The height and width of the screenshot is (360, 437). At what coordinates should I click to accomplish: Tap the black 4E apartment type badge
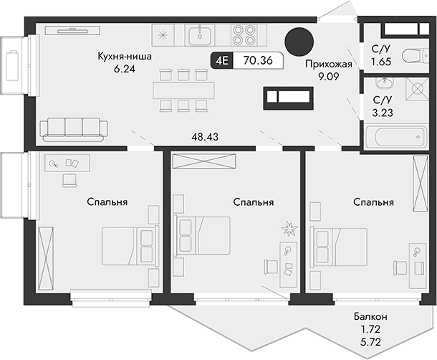click(x=221, y=61)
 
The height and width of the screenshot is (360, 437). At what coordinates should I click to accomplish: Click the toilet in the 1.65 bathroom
click(x=410, y=56)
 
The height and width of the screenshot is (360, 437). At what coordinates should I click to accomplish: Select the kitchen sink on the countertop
click(x=200, y=34)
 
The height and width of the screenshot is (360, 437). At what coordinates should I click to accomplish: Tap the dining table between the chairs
click(x=183, y=89)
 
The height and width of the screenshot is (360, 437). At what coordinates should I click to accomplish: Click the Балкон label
click(x=371, y=316)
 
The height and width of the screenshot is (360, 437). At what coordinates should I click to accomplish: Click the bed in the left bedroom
click(x=130, y=247)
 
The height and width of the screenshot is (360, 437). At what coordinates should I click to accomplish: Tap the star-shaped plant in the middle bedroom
click(x=289, y=229)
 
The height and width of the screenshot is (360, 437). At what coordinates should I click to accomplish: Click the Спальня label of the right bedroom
click(x=373, y=203)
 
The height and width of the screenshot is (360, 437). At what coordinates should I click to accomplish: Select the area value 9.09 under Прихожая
click(x=327, y=76)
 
